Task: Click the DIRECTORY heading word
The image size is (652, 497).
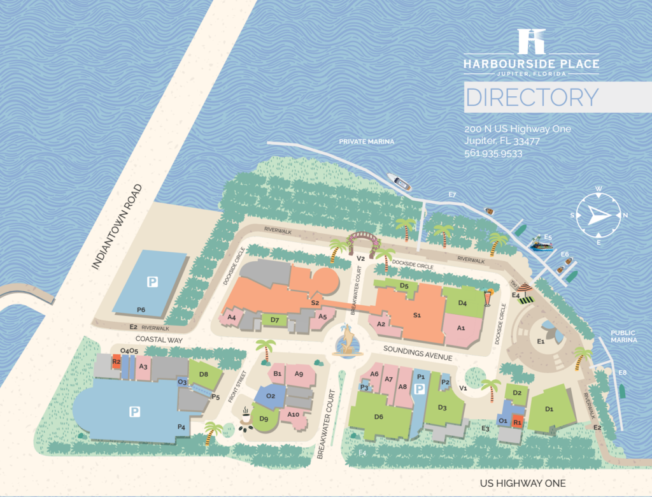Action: pos(532,97)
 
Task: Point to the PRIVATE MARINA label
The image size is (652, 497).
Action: pos(367,141)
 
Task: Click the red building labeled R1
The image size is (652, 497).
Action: pos(517,421)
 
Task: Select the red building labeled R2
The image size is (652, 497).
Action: pos(116,362)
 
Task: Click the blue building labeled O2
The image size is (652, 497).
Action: pos(271,396)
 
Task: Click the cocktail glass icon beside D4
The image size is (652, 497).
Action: pos(488,298)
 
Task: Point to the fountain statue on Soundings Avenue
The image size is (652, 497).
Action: pos(348,340)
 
